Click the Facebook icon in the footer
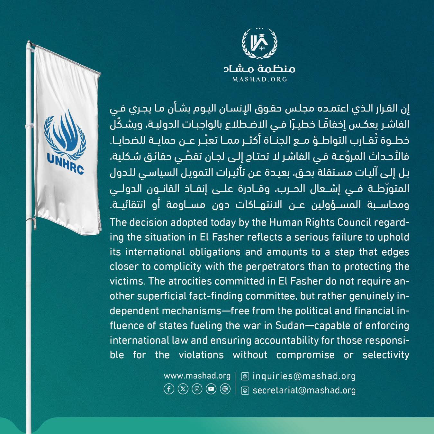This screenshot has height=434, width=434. point(169,389)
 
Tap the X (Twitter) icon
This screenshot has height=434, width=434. point(183,389)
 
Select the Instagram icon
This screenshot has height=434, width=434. point(197,389)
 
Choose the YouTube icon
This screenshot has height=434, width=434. point(211,389)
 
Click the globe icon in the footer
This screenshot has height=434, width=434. point(225,389)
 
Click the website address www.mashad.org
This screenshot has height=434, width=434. point(197,376)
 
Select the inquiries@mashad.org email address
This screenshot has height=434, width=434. point(304,376)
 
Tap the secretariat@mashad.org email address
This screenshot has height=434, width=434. point(304,390)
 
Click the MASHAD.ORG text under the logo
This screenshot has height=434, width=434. point(259,79)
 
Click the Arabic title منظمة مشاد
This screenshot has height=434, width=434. point(259,68)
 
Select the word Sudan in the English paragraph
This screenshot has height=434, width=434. point(290,326)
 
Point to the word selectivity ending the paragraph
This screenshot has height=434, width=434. point(386,355)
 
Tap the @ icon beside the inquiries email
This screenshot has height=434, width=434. point(245,376)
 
